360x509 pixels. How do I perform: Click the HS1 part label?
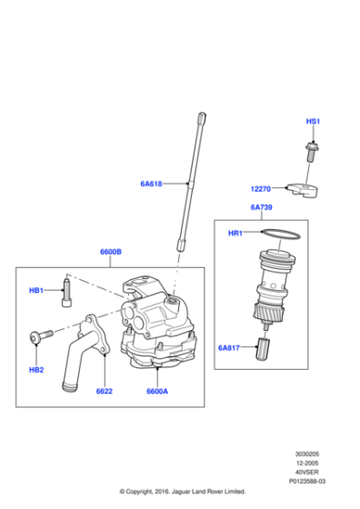(312, 121)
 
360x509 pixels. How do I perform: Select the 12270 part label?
(262, 189)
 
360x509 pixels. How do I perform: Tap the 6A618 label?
(151, 184)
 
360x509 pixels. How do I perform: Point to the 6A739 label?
(262, 207)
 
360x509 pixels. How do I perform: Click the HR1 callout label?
(235, 234)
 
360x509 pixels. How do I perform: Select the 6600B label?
(111, 252)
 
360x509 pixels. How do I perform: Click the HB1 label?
(36, 291)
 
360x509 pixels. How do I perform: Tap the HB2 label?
(36, 369)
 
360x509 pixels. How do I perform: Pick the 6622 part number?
(105, 391)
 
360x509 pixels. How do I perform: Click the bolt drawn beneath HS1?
(311, 146)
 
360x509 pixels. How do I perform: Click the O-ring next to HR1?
(282, 235)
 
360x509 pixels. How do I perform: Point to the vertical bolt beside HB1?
(65, 292)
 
